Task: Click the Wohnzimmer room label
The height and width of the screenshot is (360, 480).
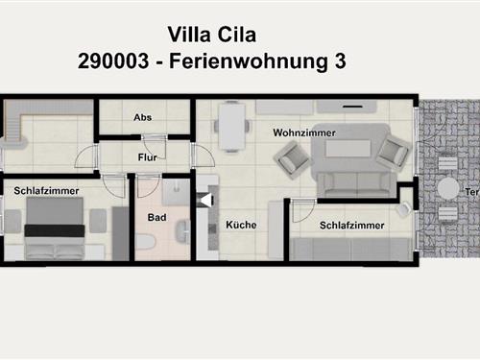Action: point(304,132)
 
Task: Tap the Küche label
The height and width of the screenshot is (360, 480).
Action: point(241,225)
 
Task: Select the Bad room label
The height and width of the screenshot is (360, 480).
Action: point(156,217)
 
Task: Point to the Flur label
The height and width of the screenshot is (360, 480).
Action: point(148,157)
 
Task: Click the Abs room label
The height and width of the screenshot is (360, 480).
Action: point(143,117)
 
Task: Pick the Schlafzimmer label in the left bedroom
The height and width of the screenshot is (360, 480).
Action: point(46,191)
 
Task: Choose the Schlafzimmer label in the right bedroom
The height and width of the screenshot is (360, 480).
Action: point(352,226)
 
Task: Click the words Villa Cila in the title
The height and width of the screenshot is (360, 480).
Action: point(212,35)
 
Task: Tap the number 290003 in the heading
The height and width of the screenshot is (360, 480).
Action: point(113,60)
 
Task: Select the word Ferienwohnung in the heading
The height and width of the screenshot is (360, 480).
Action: point(249,61)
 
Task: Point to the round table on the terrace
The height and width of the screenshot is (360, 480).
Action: point(448,188)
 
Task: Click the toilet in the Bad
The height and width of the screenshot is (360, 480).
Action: point(145,242)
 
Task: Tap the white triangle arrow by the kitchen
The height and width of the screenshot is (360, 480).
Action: point(206,201)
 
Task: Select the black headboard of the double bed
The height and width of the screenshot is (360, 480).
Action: point(55,230)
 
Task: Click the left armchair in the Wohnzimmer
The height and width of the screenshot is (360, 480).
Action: point(291,159)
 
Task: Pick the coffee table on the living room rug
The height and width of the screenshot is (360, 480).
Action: point(348,149)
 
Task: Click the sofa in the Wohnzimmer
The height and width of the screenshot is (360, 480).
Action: point(357,184)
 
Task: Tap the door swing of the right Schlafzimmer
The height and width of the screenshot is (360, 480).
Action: point(304,210)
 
